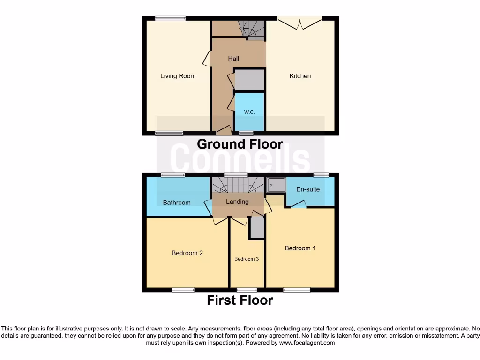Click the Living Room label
click(x=178, y=76)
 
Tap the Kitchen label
click(x=300, y=76)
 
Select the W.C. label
click(x=249, y=112)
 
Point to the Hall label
click(x=233, y=59)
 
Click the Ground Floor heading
click(x=240, y=144)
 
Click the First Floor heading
click(x=240, y=300)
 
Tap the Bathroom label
click(x=177, y=202)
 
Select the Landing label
click(x=237, y=202)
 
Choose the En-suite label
click(x=308, y=189)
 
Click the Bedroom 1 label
click(x=300, y=248)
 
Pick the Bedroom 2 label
click(x=187, y=253)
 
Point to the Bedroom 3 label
click(x=247, y=259)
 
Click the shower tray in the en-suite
click(x=276, y=186)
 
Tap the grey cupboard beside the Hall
click(x=249, y=80)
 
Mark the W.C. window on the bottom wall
click(x=246, y=134)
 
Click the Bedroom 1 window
click(x=296, y=290)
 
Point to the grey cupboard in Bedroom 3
click(x=257, y=227)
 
